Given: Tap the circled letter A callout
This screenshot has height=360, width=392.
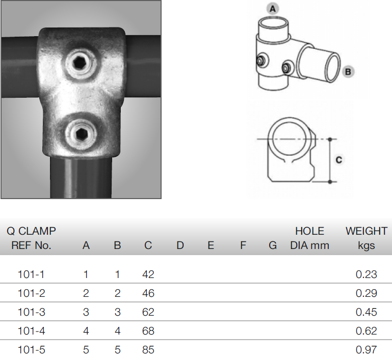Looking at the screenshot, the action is click(x=273, y=9).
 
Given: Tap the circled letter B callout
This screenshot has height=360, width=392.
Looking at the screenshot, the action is click(x=348, y=72).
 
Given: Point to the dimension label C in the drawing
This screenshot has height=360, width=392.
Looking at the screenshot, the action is click(x=339, y=160).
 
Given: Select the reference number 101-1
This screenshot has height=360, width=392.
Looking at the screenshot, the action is click(x=31, y=274).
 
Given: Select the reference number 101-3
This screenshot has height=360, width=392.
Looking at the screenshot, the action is click(x=31, y=312).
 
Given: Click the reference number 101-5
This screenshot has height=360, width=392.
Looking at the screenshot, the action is click(x=31, y=350).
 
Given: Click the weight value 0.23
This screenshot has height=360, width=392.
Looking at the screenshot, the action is click(x=366, y=274).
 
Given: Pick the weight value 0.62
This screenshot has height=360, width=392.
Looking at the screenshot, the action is click(x=366, y=331).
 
